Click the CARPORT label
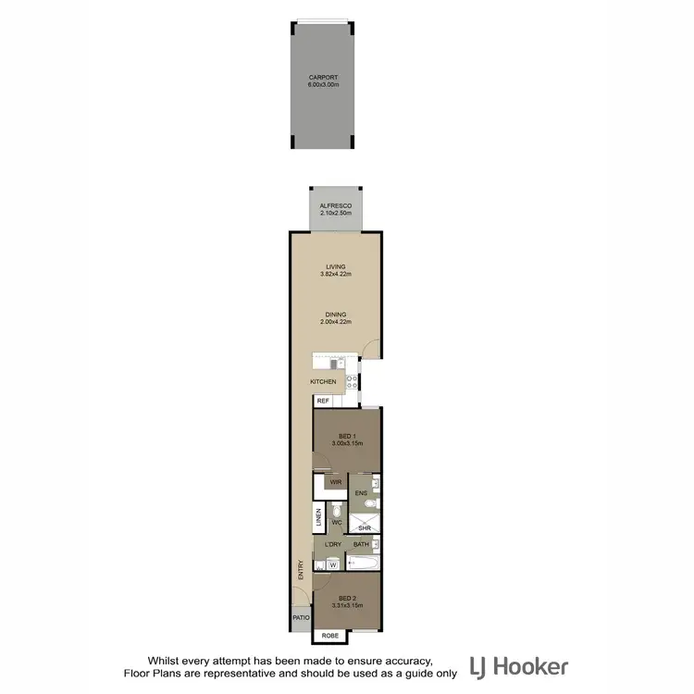[x=324, y=77]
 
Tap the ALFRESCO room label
[x=336, y=205]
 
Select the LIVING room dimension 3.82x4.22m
[x=336, y=274]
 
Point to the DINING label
[x=336, y=315]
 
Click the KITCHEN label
[x=323, y=381]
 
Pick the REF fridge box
[x=323, y=401]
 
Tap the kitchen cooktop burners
[x=351, y=381]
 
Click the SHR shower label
[x=365, y=528]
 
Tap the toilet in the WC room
[x=338, y=512]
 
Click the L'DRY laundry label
[x=334, y=544]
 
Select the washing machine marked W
[x=332, y=564]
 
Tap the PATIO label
[x=300, y=618]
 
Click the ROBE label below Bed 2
[x=330, y=637]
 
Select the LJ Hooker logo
[x=518, y=666]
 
